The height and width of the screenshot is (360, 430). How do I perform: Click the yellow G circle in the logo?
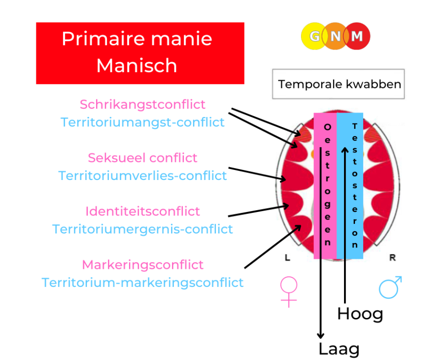coord(314,36)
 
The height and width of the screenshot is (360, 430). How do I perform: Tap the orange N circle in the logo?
coord(335,36)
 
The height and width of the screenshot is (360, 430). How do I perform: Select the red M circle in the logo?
coord(357,36)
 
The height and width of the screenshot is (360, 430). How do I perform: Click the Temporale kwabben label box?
coord(338,84)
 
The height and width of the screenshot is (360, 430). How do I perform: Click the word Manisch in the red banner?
coord(137,66)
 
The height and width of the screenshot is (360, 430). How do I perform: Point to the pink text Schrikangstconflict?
coord(142,105)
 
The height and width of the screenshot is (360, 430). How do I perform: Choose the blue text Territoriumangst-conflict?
coord(142,122)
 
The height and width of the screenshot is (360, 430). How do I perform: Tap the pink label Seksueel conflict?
coord(142,158)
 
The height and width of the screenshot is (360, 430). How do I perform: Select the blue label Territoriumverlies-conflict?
coord(142,176)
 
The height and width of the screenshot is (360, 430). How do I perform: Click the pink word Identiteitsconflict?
coord(142,211)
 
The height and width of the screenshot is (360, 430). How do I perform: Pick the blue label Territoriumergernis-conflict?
coord(142,229)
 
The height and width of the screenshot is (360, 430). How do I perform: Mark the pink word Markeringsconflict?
coord(142,265)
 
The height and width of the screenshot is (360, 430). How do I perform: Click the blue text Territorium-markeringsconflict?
coord(142,283)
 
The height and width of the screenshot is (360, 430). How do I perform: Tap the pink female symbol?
coord(289,292)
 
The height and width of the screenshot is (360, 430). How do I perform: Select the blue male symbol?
coord(390,287)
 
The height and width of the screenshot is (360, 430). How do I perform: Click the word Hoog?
coord(360,314)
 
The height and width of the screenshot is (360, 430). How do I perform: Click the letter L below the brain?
coord(288,257)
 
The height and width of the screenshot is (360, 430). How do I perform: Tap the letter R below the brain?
coord(392,257)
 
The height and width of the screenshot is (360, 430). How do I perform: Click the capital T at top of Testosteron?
coord(355,126)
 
